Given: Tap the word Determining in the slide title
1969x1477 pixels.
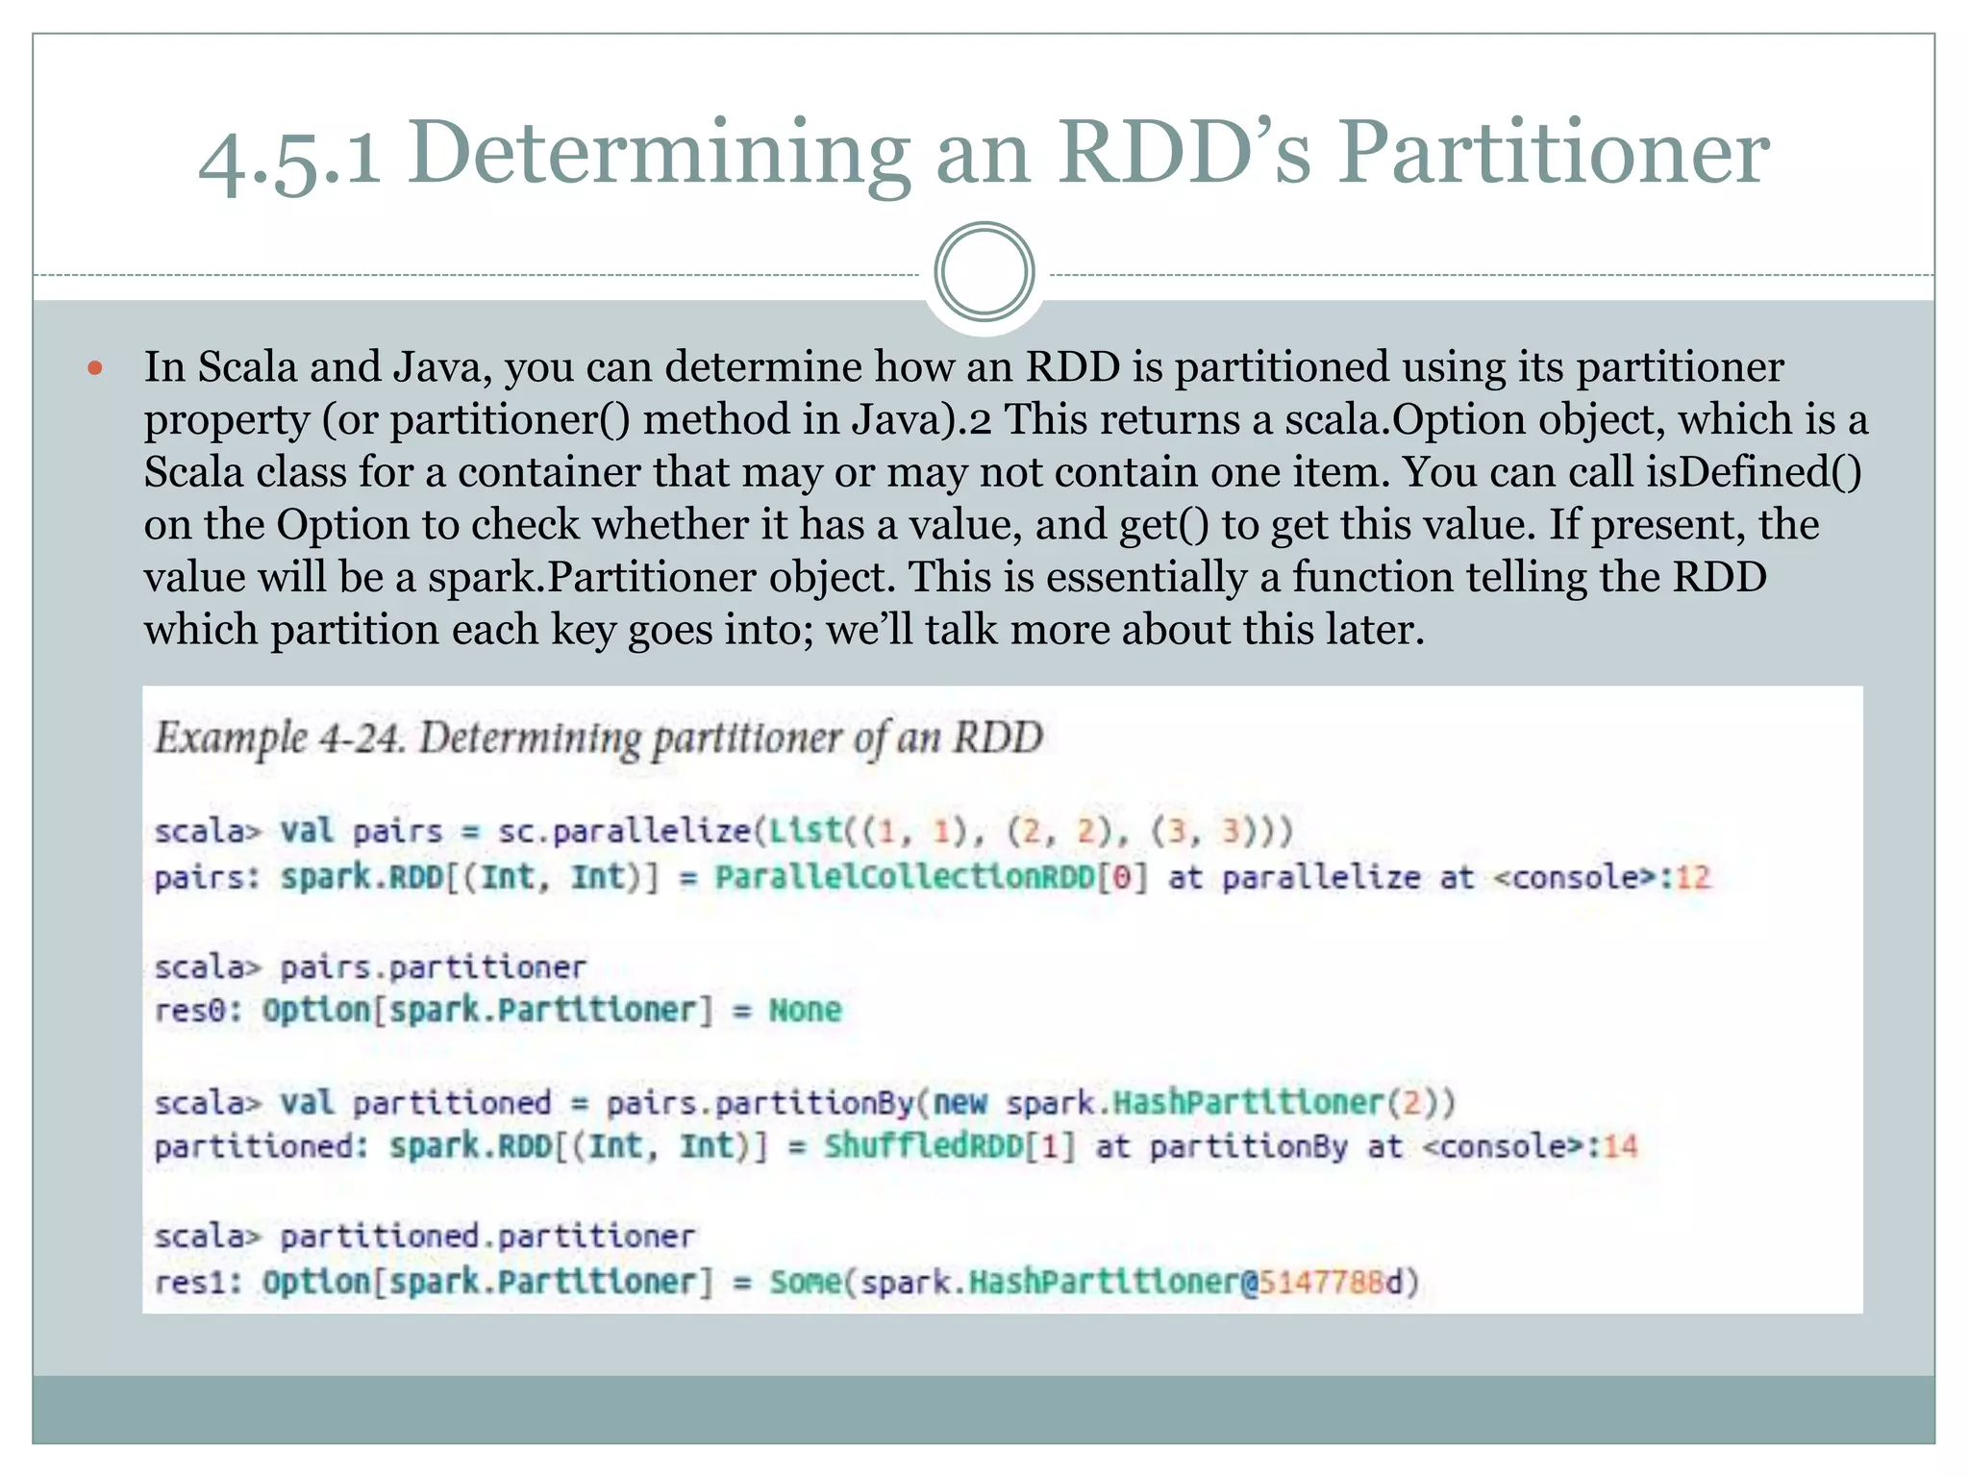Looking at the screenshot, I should tap(659, 154).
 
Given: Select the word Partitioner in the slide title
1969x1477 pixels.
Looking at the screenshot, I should tap(1554, 154).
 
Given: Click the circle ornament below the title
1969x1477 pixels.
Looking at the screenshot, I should tap(984, 272).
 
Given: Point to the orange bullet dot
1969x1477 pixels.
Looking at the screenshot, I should tap(94, 367).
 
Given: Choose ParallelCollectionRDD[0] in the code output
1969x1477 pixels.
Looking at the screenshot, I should tap(931, 877).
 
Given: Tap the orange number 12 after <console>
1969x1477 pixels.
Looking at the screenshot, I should tap(1694, 877).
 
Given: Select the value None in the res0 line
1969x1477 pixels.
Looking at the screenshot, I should tap(805, 1010).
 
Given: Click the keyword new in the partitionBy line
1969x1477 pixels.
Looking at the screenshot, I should tap(960, 1102).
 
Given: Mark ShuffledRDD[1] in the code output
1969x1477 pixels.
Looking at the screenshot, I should tap(948, 1146).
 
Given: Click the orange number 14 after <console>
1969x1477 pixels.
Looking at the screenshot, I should tap(1621, 1146).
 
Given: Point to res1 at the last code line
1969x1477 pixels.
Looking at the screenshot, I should tap(198, 1282).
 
